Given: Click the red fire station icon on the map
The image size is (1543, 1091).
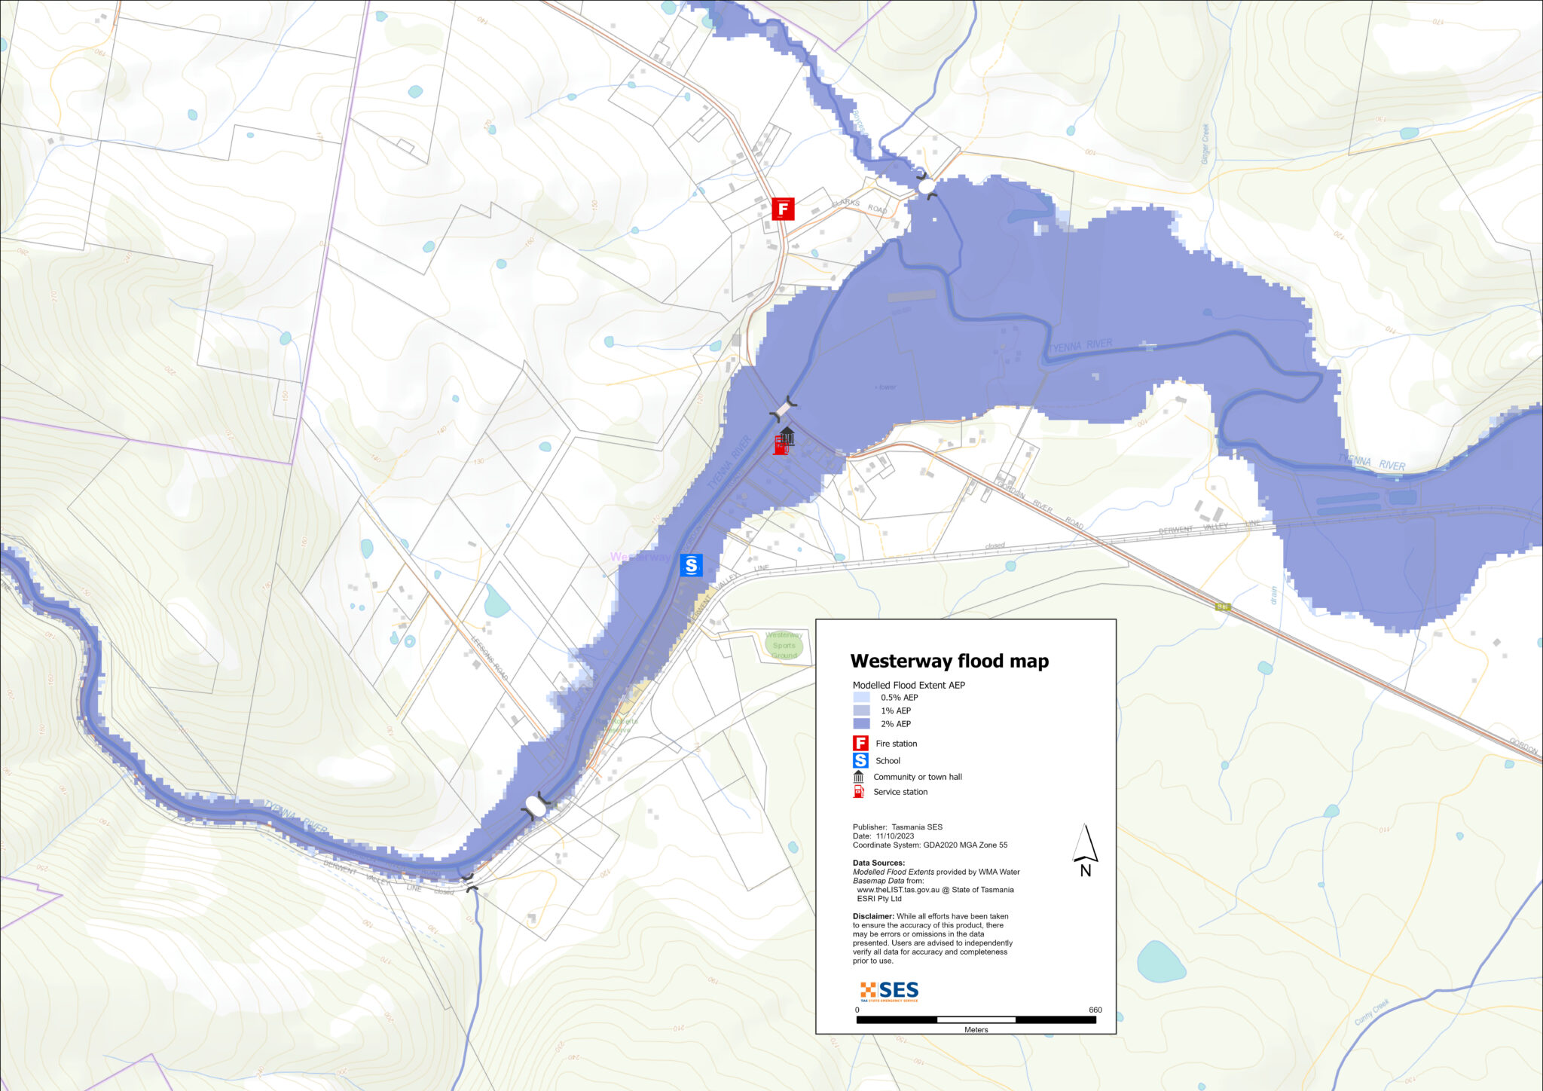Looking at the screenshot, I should pyautogui.click(x=783, y=209).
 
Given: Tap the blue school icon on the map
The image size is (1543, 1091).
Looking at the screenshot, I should pyautogui.click(x=691, y=565).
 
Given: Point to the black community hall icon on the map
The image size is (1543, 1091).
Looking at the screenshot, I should pyautogui.click(x=787, y=435).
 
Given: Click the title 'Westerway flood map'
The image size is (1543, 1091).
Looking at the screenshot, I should pyautogui.click(x=949, y=661).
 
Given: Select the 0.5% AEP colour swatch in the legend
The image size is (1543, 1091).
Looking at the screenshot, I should pyautogui.click(x=861, y=698).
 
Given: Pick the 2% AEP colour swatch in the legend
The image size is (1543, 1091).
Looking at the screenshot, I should pyautogui.click(x=861, y=724).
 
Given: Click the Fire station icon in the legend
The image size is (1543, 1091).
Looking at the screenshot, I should pyautogui.click(x=860, y=744).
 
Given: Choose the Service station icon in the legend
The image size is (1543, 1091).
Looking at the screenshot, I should pyautogui.click(x=858, y=792).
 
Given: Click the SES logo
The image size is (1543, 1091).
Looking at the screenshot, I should pyautogui.click(x=890, y=990).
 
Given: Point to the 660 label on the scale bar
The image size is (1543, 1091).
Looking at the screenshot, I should pyautogui.click(x=1095, y=1010).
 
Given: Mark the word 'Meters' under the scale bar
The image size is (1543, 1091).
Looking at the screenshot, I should pyautogui.click(x=976, y=1030).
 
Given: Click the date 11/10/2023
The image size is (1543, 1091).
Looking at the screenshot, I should pyautogui.click(x=895, y=836).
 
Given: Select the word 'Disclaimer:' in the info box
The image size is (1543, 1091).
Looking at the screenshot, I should pyautogui.click(x=873, y=916).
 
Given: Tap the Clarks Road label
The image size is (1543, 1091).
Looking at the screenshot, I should pyautogui.click(x=860, y=205).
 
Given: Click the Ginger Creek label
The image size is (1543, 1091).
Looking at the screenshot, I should pyautogui.click(x=1205, y=144).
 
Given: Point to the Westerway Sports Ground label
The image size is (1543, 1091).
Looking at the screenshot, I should pyautogui.click(x=784, y=645).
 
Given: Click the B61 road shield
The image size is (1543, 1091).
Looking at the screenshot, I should pyautogui.click(x=1222, y=607).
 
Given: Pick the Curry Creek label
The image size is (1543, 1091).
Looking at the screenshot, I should pyautogui.click(x=1371, y=1012).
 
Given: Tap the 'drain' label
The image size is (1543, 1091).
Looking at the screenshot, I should pyautogui.click(x=1274, y=595).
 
